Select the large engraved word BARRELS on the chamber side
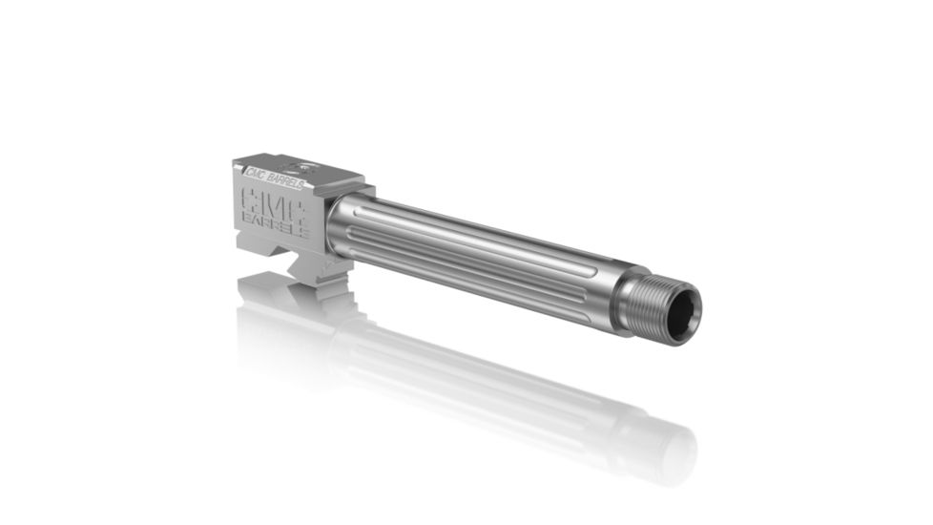(x=276, y=223)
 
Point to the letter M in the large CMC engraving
(x=275, y=202)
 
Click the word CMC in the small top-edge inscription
(x=256, y=174)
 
